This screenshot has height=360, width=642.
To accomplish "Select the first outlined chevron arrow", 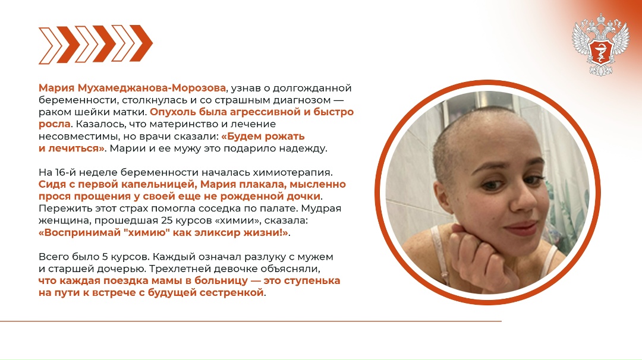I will coord(50,45).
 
